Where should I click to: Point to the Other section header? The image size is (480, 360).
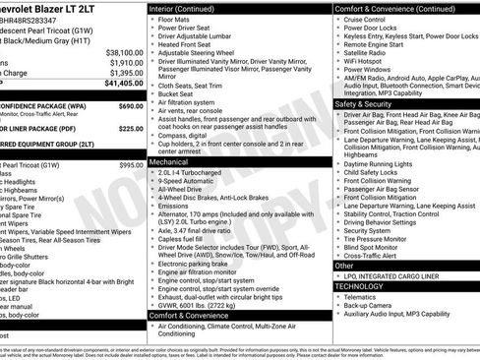point(344,266)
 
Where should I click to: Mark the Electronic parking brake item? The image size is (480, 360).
point(200,264)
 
